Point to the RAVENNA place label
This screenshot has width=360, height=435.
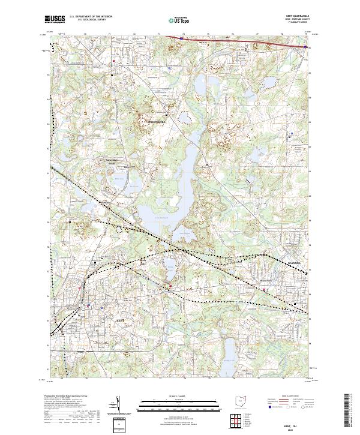pos(297,262)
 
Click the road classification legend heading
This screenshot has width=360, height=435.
pos(289,397)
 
